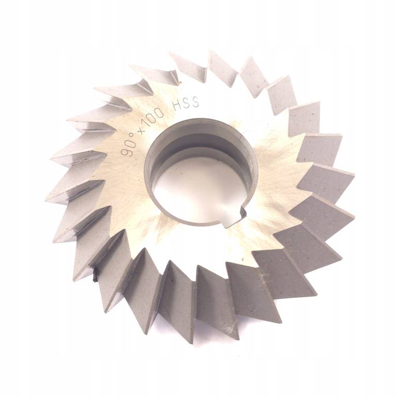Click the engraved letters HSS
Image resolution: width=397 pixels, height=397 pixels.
tap(186, 105)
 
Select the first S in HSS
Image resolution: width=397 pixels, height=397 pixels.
tap(187, 104)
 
